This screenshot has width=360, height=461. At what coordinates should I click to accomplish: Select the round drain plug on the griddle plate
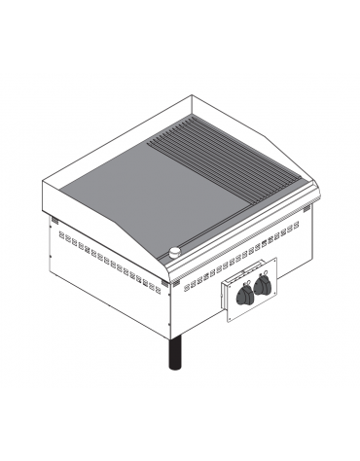pos(175,253)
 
